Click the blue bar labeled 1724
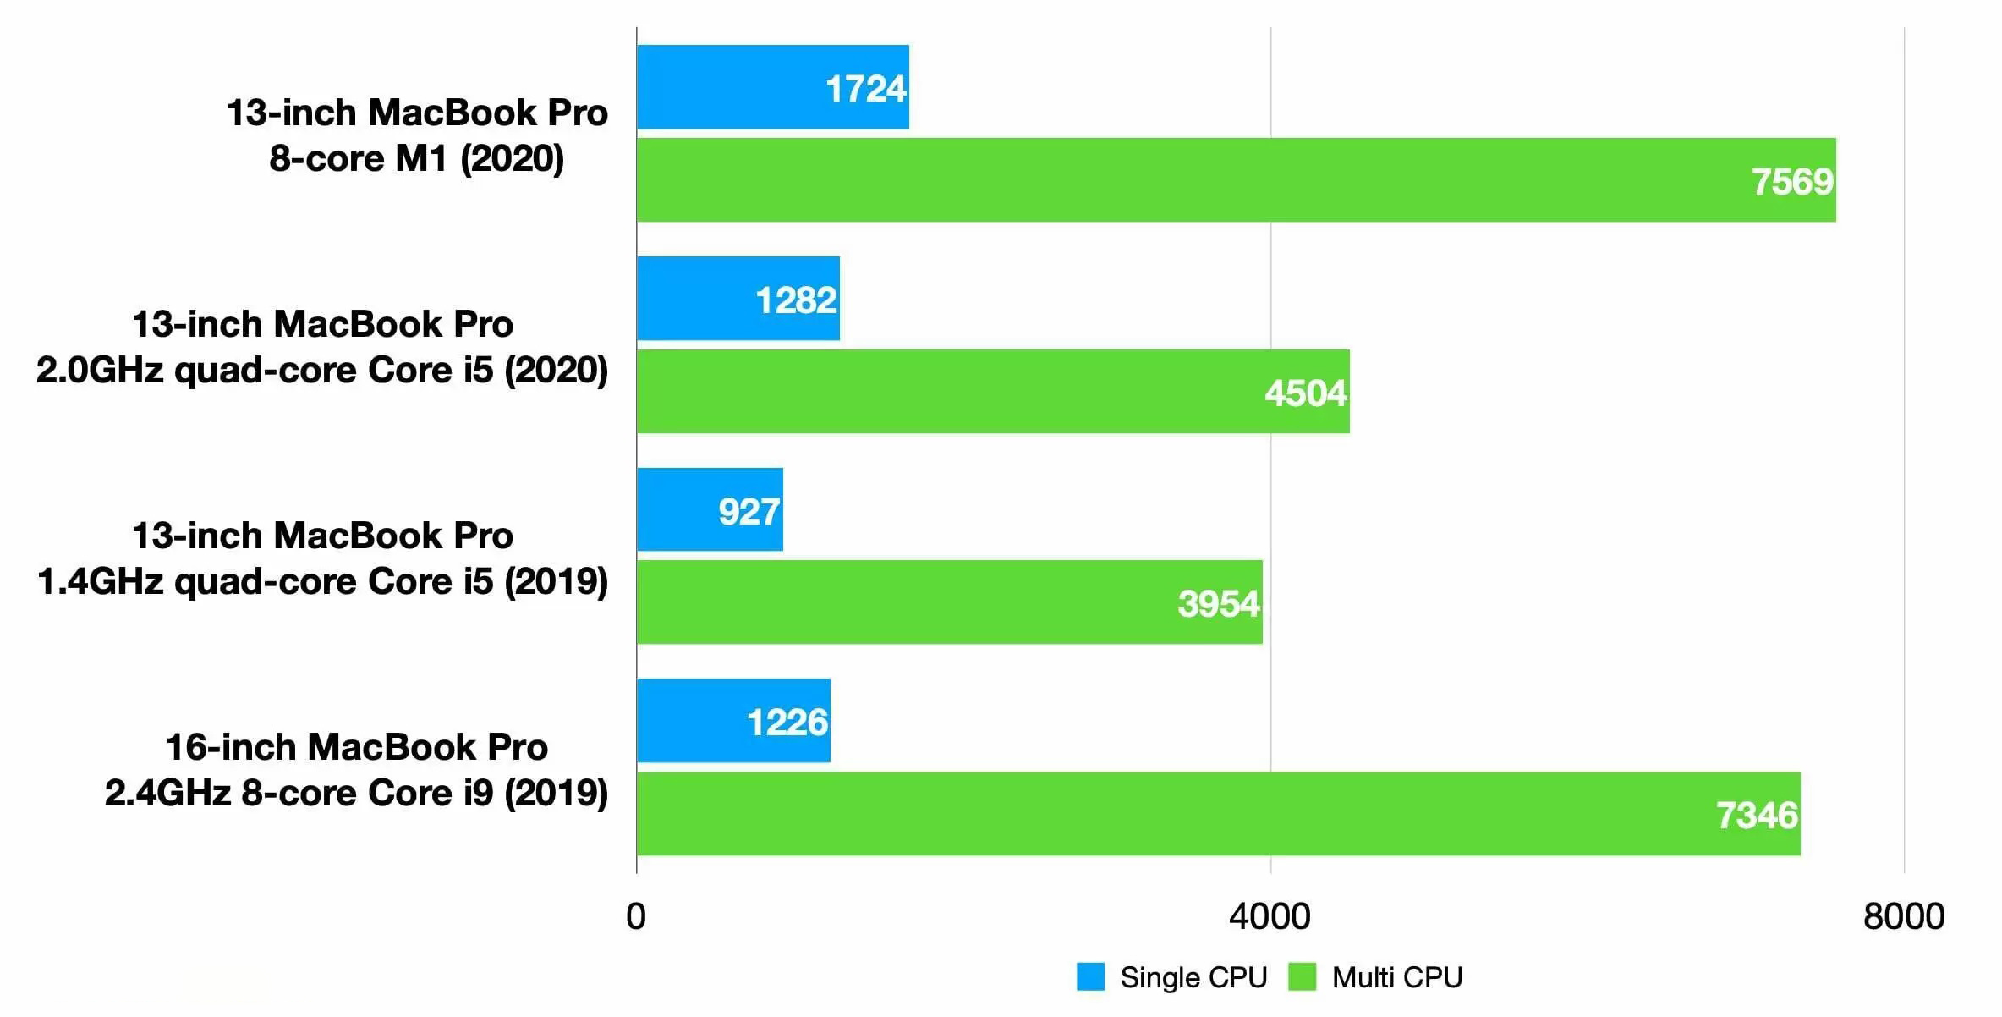coord(772,87)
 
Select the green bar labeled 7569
coord(1236,180)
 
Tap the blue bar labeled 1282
coord(738,299)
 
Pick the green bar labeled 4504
coord(993,392)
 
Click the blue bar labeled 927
coord(710,509)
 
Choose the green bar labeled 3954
coord(949,602)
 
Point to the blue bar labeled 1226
coord(733,721)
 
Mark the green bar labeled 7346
coord(1218,814)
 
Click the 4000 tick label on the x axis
coord(1270,917)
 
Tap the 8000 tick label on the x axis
coord(1903,917)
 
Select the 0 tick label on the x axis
coord(636,917)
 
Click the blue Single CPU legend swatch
coord(1090,976)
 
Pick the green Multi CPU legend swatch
coord(1302,976)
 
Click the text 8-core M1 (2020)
coord(416,159)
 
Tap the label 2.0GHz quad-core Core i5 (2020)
coord(322,371)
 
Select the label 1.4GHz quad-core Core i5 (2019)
coord(322,582)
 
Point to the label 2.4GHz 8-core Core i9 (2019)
coord(356,794)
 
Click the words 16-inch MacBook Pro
coord(356,747)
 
